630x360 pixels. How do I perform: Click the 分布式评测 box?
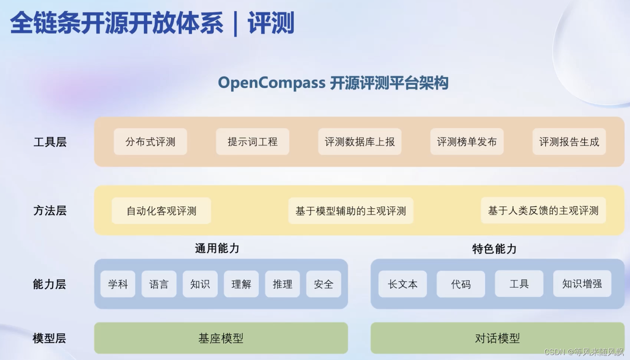click(150, 142)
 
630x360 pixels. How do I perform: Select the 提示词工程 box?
click(252, 142)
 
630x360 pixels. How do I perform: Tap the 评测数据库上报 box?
click(359, 142)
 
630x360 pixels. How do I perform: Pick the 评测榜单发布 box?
click(467, 142)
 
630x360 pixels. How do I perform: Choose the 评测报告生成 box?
click(569, 142)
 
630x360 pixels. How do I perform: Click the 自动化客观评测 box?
click(161, 211)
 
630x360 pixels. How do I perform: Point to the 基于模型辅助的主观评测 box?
click(351, 211)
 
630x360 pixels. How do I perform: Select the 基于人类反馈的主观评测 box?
click(543, 210)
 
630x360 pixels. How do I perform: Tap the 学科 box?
click(118, 284)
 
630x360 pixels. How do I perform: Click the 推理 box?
click(283, 284)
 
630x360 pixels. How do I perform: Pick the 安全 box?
click(324, 284)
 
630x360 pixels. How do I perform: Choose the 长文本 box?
click(402, 284)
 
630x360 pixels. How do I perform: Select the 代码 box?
click(461, 284)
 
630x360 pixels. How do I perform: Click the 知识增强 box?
click(582, 284)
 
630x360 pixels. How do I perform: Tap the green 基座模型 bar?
click(221, 338)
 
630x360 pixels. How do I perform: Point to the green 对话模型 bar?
click(497, 338)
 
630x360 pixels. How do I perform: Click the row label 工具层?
click(50, 142)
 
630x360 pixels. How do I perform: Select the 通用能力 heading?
click(217, 249)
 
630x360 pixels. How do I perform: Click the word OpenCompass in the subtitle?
click(271, 83)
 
